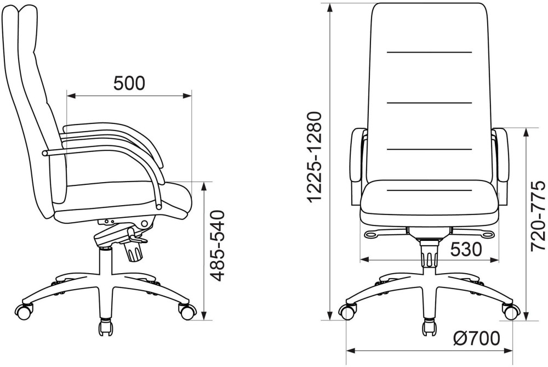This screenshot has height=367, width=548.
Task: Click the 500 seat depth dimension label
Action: [129, 83]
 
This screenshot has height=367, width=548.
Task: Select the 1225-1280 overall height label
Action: [313, 157]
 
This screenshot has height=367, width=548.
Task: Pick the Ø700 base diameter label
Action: [477, 338]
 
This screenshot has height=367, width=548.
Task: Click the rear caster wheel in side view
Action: [25, 310]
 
